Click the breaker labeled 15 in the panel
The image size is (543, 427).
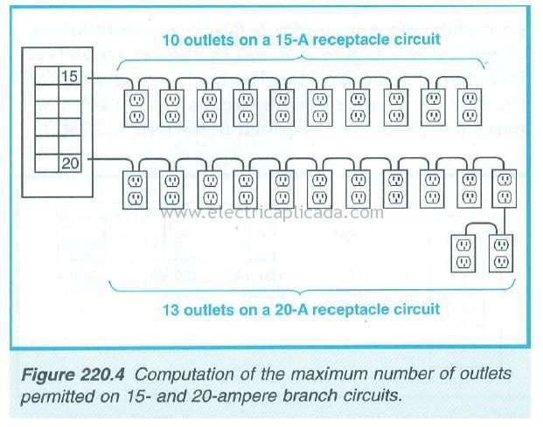coord(70,75)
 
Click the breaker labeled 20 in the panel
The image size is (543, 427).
coord(70,163)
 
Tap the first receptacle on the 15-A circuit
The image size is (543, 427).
coord(136,108)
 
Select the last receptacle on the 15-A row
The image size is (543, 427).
coord(470,107)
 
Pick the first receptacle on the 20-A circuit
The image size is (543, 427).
coord(135,189)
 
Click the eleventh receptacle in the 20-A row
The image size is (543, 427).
coord(505,189)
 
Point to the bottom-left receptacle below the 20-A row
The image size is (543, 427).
coord(463,254)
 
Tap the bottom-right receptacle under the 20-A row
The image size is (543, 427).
coord(501,254)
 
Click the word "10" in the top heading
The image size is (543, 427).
coord(171,40)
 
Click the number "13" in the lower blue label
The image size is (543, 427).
coord(171,310)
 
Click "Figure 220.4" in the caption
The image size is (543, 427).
coord(73,375)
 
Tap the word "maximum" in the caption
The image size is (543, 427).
coord(329,375)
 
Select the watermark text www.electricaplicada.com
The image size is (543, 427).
coord(272,213)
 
